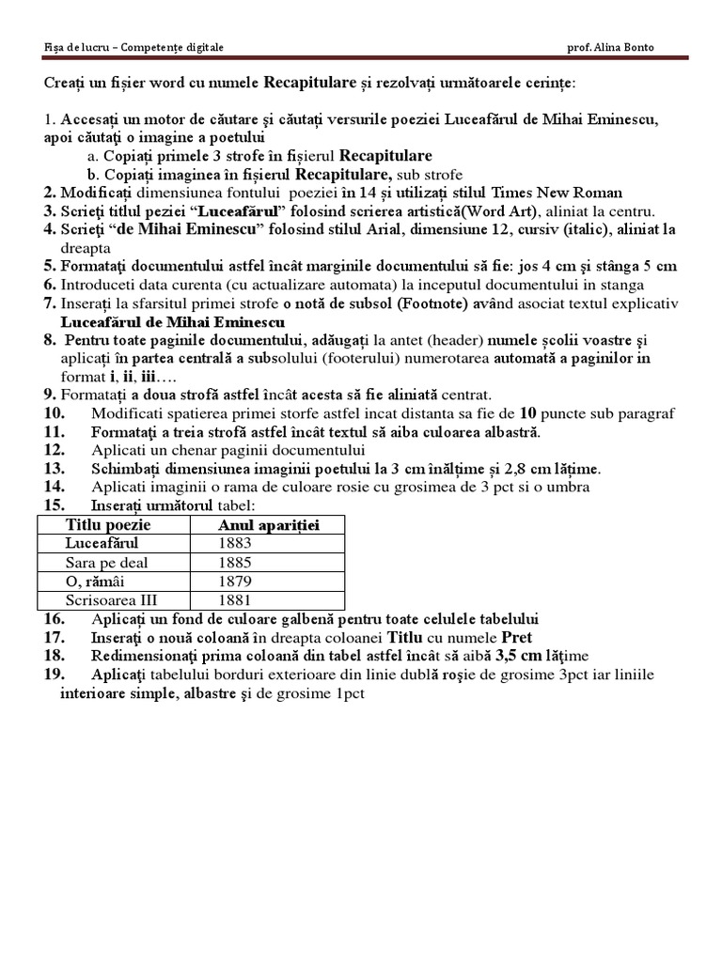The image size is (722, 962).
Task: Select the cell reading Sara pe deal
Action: click(106, 562)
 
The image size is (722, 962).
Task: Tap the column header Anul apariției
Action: click(269, 524)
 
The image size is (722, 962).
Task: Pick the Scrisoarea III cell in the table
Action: click(110, 599)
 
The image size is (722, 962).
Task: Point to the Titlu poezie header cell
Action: click(108, 524)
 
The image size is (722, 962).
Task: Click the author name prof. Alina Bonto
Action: click(612, 47)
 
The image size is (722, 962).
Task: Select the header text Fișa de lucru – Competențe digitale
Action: click(134, 47)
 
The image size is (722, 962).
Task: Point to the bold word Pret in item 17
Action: click(515, 637)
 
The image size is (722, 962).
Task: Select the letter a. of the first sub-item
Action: click(92, 156)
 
